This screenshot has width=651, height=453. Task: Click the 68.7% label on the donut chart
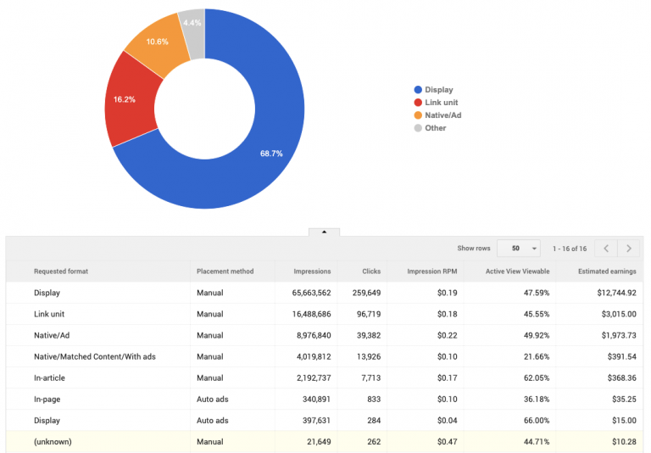pos(271,154)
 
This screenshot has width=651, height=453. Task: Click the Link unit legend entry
pos(441,102)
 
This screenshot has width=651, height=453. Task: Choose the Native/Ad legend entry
pos(442,115)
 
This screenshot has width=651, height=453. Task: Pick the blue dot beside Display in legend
pos(417,89)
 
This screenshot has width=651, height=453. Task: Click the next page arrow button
pos(628,249)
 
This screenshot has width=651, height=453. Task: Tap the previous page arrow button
pos(606,249)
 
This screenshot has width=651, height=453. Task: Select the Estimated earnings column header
pos(607,271)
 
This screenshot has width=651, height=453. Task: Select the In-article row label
pos(50,378)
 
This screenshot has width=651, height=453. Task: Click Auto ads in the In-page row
pos(214,400)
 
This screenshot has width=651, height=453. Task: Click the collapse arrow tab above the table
pos(325,232)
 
